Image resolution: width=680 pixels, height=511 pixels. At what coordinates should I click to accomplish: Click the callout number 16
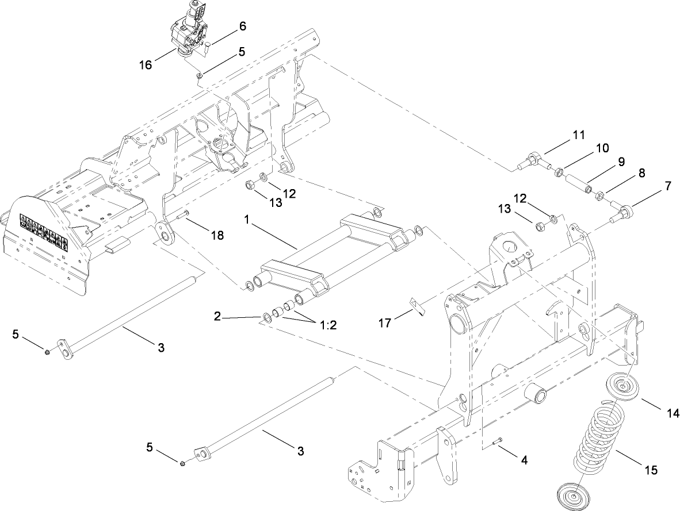click(145, 64)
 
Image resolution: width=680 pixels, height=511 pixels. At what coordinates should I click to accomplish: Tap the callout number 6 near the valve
click(242, 26)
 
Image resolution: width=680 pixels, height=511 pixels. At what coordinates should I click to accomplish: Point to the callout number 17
click(385, 323)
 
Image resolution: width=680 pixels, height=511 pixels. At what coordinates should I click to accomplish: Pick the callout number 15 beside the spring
click(650, 470)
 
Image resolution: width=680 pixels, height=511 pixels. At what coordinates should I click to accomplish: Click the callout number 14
click(673, 412)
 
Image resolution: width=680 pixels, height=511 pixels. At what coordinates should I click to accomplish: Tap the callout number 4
click(524, 460)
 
